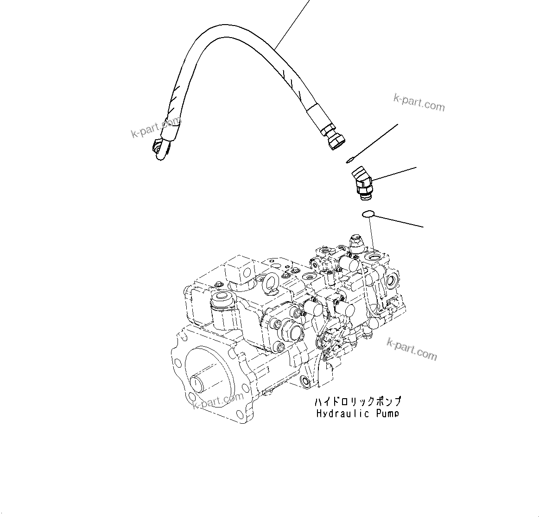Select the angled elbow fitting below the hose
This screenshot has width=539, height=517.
[362, 184]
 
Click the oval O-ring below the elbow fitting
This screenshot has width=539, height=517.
[367, 214]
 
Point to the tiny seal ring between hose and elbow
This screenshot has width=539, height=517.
[348, 161]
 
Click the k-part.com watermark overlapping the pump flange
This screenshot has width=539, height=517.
[218, 400]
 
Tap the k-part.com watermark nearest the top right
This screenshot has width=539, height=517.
[419, 103]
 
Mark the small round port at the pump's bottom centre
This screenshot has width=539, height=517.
[305, 381]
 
